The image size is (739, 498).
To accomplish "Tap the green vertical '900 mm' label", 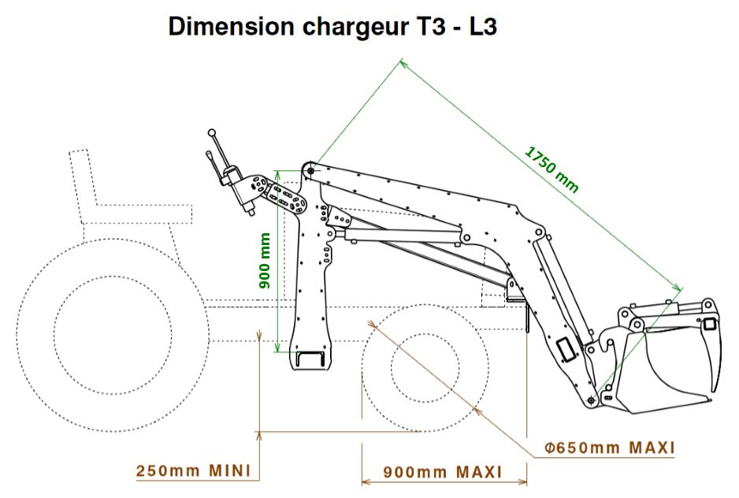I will click(266, 259).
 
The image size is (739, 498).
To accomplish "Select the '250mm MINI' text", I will click(193, 471).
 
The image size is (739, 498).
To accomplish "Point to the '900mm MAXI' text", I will click(443, 472).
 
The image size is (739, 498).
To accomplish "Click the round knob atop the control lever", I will click(212, 133).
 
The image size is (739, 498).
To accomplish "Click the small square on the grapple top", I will click(711, 323).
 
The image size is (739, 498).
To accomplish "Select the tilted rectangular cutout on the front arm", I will click(566, 347).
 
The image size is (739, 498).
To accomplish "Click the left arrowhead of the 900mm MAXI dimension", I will click(363, 481).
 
